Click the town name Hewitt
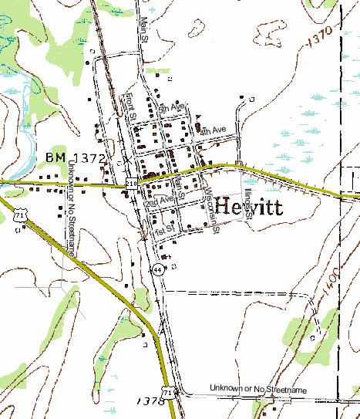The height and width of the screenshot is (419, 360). coord(249,208)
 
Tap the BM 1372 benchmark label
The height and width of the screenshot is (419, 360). coord(75,157)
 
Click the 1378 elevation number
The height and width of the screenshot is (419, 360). coord(147,402)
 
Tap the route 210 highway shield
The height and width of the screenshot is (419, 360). coord(131,182)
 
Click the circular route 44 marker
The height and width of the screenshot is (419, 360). coord(157,270)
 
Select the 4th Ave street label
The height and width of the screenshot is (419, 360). coord(213,131)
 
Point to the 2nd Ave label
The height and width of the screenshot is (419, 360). coord(160,200)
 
